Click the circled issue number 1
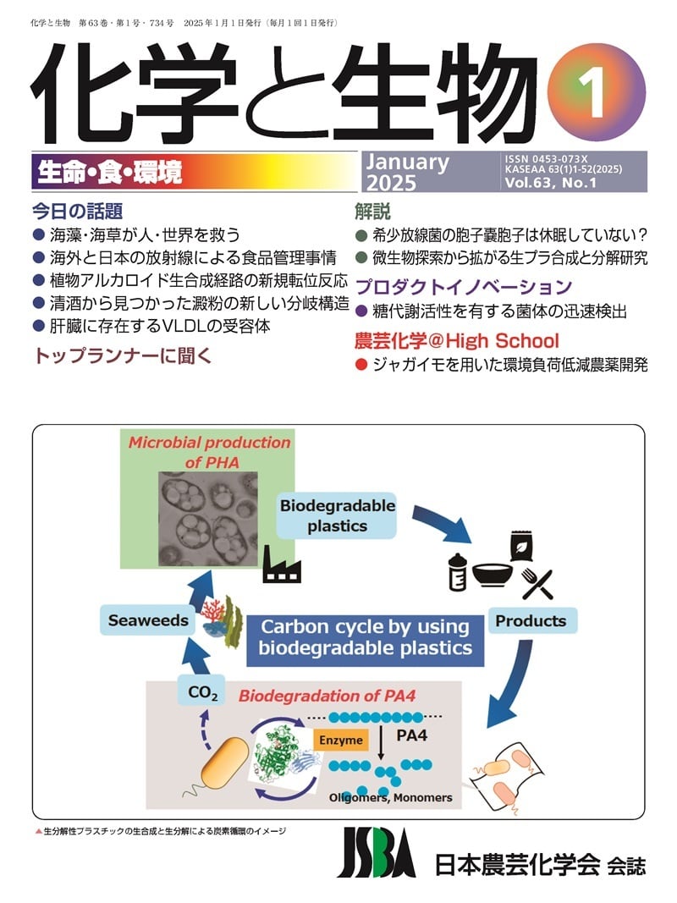(597, 92)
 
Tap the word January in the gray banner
(408, 162)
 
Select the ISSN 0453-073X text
(546, 159)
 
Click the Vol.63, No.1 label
(550, 183)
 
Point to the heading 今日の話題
(77, 212)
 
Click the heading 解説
(372, 212)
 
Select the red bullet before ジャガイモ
(361, 365)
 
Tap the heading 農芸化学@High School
(456, 341)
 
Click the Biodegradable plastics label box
(337, 515)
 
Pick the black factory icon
(282, 564)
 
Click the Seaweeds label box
(148, 620)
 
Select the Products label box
(531, 621)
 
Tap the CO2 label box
(202, 691)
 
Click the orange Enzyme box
(341, 740)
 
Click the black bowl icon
(493, 574)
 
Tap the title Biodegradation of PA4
(327, 696)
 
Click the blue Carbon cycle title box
(365, 637)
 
